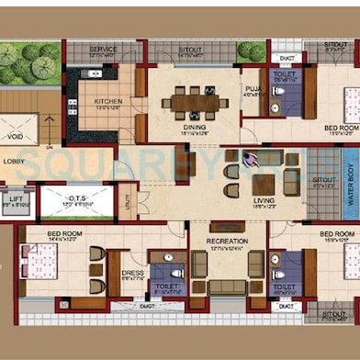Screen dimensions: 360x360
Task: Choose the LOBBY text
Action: tap(14, 161)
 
